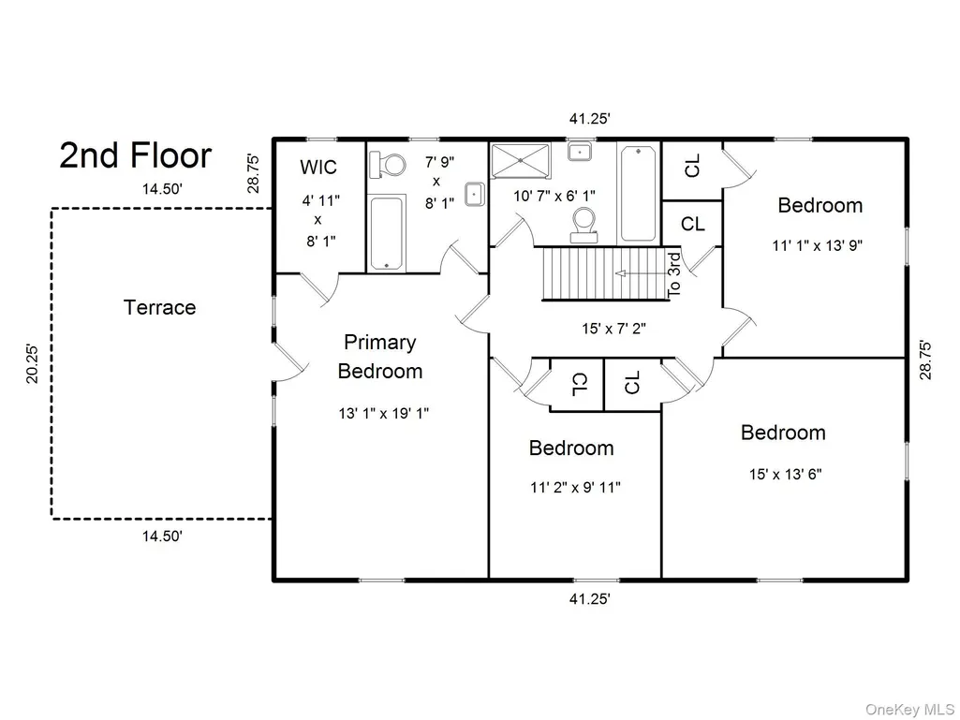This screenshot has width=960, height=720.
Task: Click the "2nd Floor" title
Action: click(135, 155)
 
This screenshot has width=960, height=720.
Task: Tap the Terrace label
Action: click(160, 307)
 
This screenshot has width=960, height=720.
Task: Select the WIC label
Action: click(318, 167)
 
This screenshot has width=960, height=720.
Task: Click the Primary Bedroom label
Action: click(380, 357)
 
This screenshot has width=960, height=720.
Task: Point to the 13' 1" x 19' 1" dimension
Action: click(384, 413)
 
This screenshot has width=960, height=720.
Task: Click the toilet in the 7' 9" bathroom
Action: click(388, 166)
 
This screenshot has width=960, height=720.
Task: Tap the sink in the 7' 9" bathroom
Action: click(475, 194)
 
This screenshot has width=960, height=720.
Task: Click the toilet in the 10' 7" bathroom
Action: click(583, 225)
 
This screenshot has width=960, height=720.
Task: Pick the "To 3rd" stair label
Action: click(673, 275)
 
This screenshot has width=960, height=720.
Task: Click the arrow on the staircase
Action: click(641, 273)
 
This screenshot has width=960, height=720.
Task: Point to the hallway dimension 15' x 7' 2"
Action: click(614, 329)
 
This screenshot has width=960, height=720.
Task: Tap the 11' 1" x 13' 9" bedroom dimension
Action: click(818, 245)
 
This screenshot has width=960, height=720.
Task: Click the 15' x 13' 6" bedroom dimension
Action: click(786, 474)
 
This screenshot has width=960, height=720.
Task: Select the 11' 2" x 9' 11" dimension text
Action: click(575, 488)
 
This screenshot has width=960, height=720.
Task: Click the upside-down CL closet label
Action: click(579, 384)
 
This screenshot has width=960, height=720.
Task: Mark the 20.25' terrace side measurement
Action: click(32, 364)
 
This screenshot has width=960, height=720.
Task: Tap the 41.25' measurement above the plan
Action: click(590, 119)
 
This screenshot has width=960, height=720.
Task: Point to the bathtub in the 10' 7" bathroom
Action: click(638, 193)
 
